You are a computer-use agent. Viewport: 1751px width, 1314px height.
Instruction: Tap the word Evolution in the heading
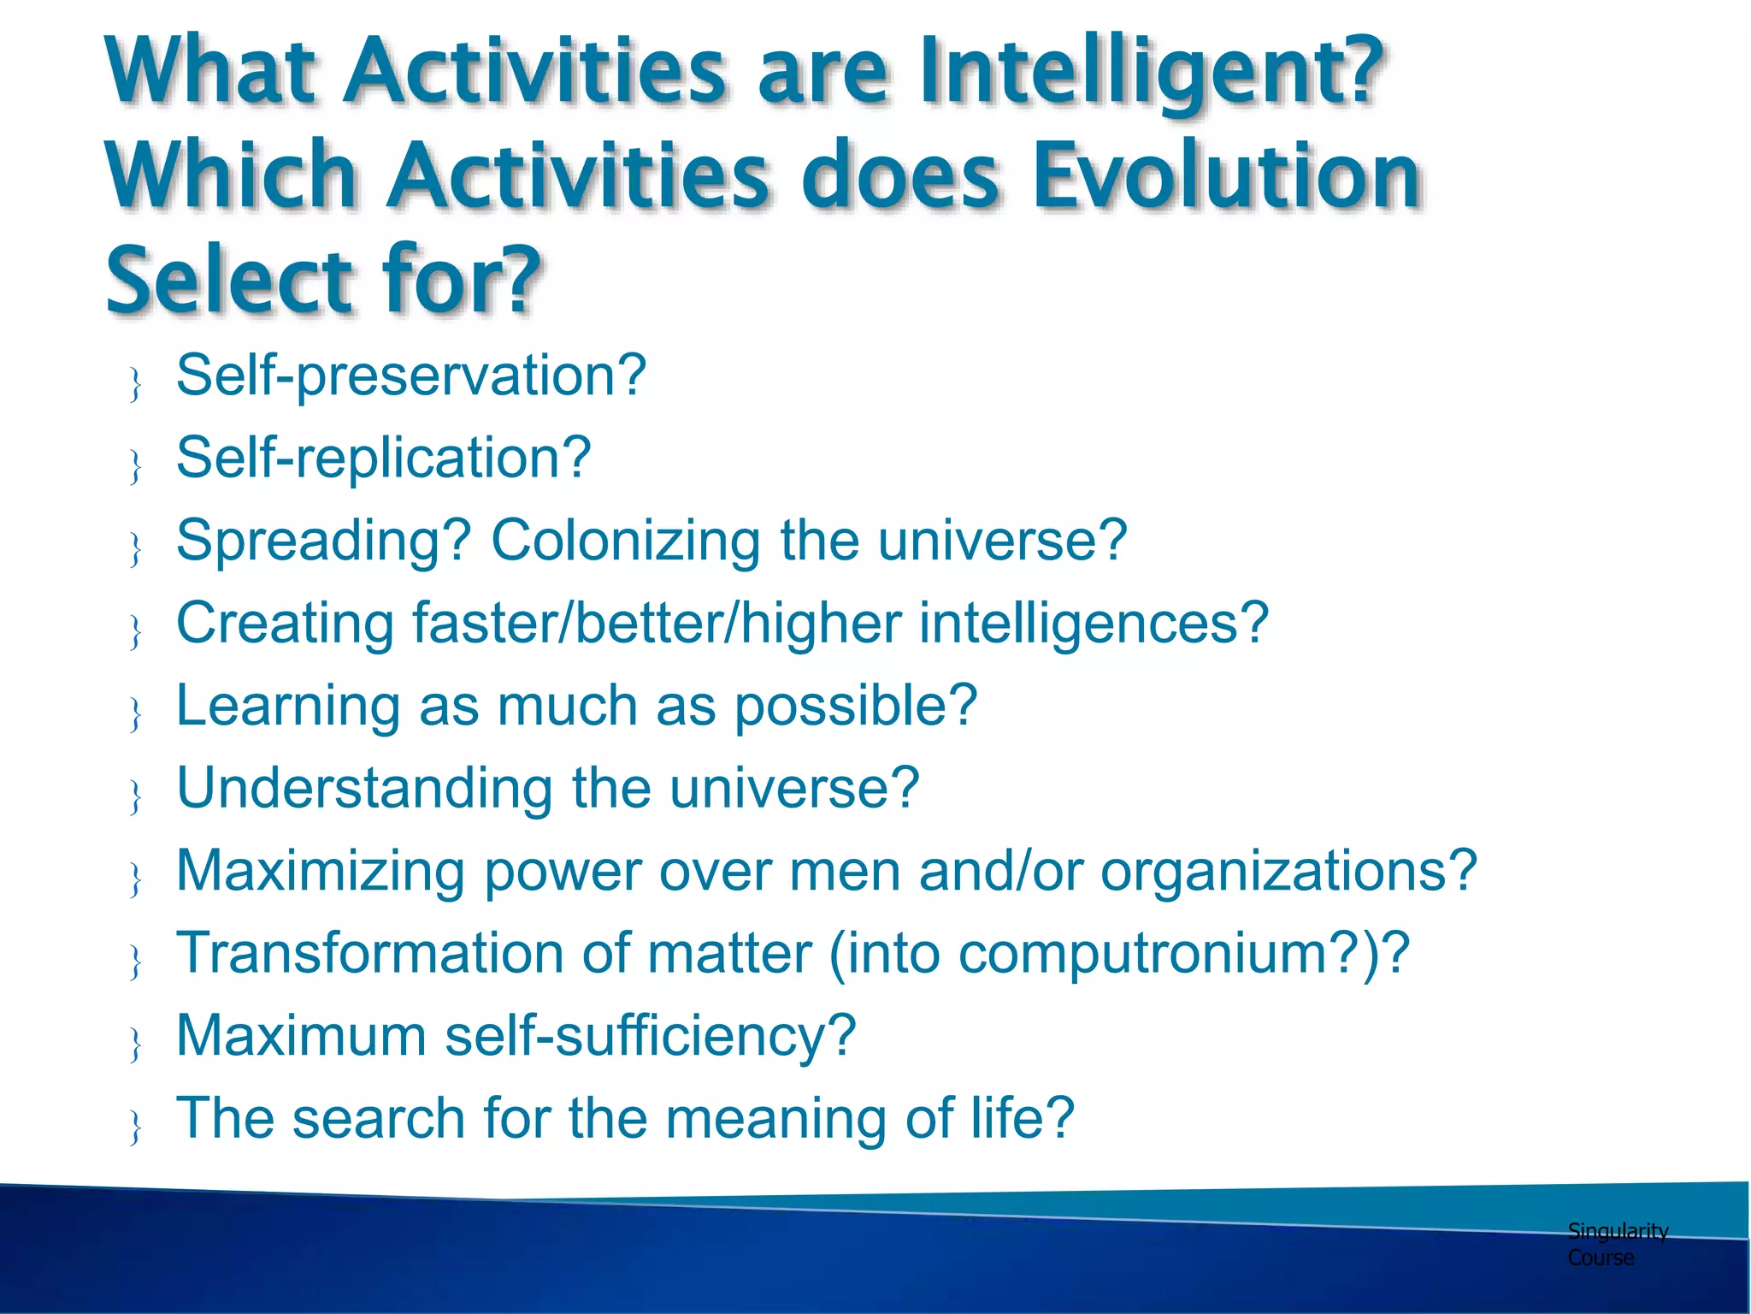click(x=1226, y=175)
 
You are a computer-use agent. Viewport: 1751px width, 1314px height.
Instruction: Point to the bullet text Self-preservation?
click(x=410, y=376)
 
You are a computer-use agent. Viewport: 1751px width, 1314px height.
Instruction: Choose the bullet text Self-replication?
click(x=383, y=458)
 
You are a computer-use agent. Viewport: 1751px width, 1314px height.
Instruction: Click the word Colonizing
click(x=624, y=541)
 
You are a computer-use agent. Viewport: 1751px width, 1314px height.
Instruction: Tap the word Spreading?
click(x=323, y=541)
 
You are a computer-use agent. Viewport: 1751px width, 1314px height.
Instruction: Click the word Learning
click(x=287, y=706)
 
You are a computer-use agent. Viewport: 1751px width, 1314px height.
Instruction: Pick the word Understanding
click(x=364, y=788)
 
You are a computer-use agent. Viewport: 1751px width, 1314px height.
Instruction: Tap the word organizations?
click(x=1288, y=871)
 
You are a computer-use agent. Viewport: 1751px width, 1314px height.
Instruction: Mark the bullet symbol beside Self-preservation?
click(x=135, y=384)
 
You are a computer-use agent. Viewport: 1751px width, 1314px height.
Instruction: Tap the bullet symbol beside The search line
click(x=135, y=1128)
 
